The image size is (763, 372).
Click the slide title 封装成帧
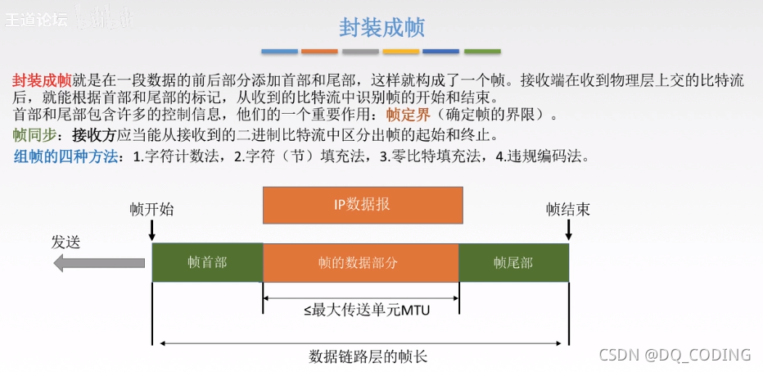click(381, 27)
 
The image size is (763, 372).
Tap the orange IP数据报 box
click(362, 205)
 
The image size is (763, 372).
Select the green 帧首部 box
click(207, 263)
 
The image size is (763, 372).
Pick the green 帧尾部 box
click(513, 263)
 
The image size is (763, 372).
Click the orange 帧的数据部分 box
click(360, 263)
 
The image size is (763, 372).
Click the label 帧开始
click(151, 209)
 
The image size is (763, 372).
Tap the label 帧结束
click(568, 209)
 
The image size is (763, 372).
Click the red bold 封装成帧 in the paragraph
click(42, 80)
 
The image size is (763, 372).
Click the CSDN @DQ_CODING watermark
click(675, 354)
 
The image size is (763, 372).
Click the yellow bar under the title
click(401, 52)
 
